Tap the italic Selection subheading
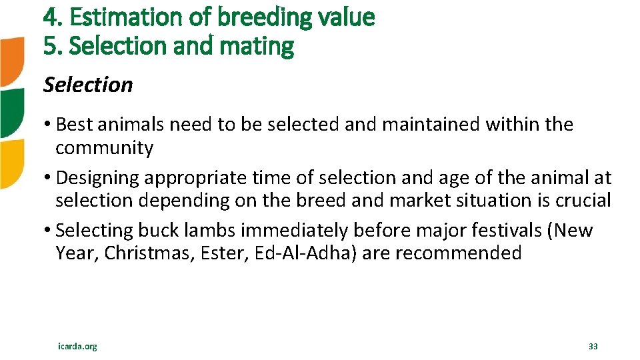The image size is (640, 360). [x=88, y=85]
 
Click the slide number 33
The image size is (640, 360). [x=593, y=346]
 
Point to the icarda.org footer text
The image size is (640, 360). [x=77, y=346]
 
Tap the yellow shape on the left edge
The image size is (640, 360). [x=11, y=163]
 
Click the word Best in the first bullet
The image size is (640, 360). [x=77, y=124]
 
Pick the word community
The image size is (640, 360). [x=104, y=147]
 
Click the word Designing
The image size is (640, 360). [x=98, y=178]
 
